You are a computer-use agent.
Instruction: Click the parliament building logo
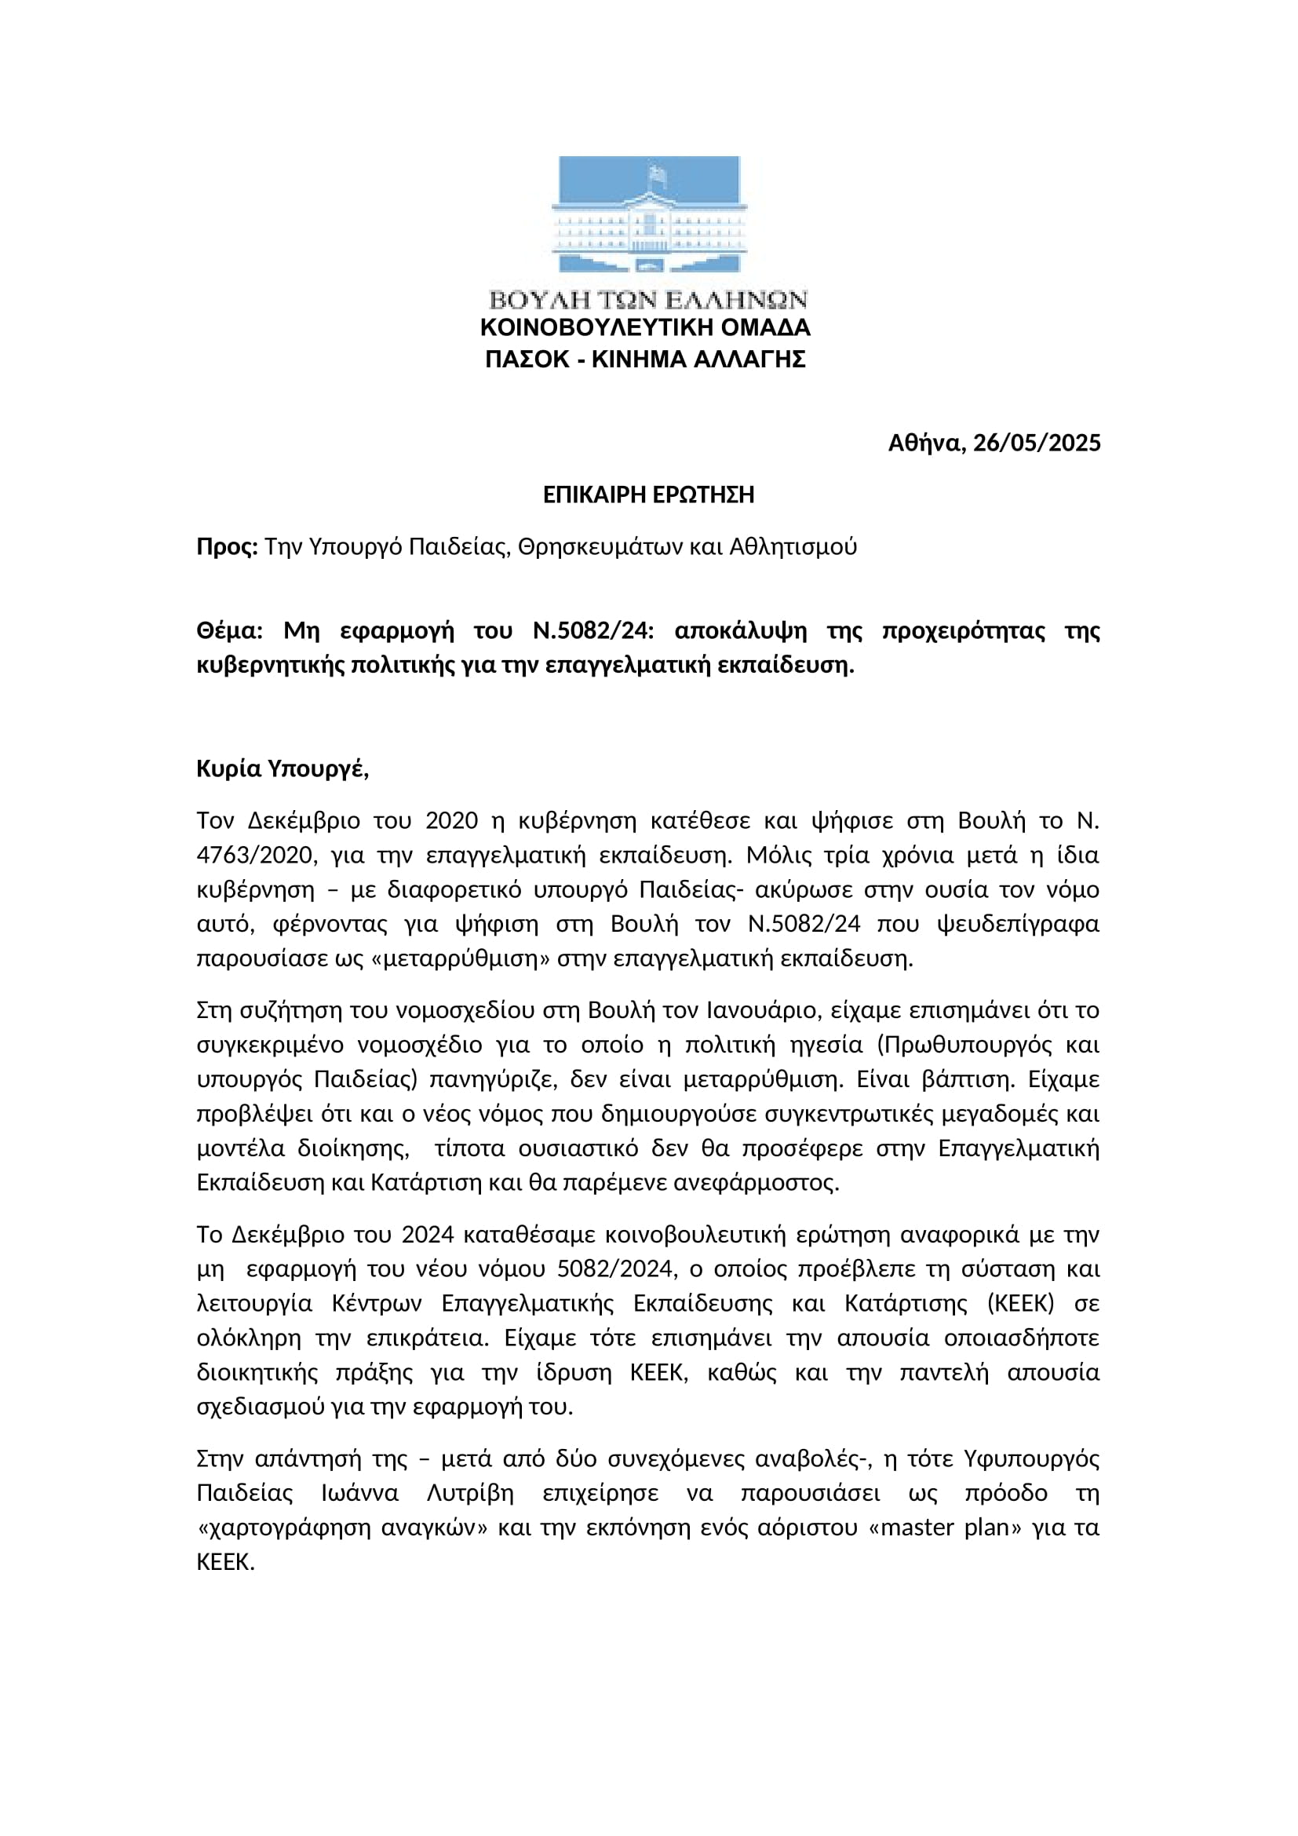[x=648, y=215]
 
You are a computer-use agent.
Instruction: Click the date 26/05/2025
[x=1037, y=443]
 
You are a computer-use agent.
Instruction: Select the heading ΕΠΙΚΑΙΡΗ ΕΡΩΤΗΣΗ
[x=648, y=495]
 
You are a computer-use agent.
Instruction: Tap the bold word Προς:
[x=227, y=547]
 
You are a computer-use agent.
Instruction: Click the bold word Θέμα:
[x=229, y=631]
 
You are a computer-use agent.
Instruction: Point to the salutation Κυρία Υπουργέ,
[x=283, y=769]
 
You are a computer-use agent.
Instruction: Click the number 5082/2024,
[x=617, y=1269]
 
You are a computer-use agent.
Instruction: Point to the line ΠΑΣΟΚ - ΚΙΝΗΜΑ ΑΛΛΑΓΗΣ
[x=645, y=360]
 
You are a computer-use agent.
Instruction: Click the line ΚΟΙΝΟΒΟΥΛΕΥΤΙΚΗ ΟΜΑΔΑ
[x=645, y=328]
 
